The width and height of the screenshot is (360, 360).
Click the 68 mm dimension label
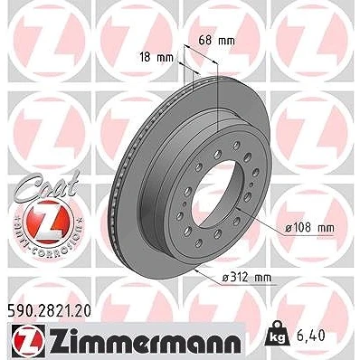[216, 41]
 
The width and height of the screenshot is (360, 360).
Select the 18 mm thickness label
[156, 57]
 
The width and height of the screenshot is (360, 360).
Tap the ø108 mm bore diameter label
[309, 228]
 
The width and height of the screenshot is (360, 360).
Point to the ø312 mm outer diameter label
[247, 278]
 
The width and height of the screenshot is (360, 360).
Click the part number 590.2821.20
[48, 311]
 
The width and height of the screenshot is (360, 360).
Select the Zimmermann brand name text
[144, 342]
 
